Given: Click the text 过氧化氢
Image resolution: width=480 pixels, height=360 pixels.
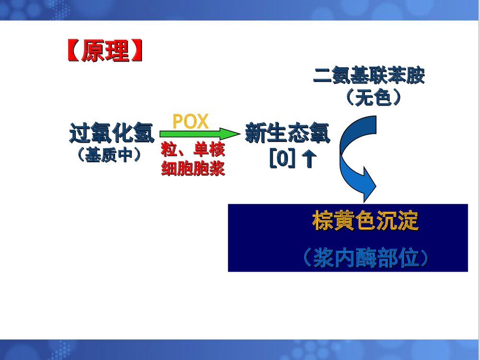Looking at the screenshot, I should tap(111, 133).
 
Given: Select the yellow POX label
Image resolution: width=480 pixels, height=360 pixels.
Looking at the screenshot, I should tap(191, 121).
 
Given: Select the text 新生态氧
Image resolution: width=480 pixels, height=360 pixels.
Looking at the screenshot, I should tap(288, 133).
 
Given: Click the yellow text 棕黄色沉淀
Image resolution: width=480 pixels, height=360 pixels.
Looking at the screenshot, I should tap(365, 221).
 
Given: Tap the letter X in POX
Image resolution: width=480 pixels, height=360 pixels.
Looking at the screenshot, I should tap(203, 121).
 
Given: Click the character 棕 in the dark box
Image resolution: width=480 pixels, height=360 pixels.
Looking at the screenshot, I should tap(323, 221).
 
